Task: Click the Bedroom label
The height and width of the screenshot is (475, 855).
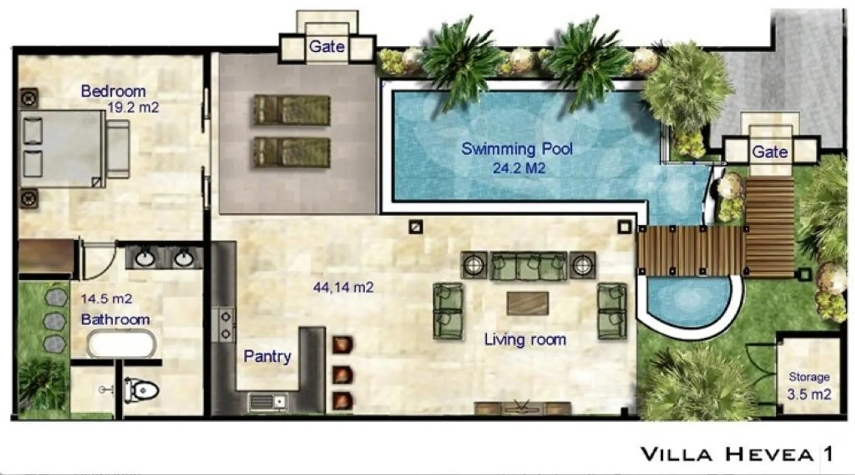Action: point(113,91)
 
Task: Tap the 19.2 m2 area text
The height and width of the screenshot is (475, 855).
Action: point(133,107)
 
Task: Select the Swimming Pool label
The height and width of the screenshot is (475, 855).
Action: point(517,149)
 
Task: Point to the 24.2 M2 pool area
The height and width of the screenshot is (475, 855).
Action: point(519,168)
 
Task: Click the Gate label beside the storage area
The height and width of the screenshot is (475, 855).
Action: point(769,152)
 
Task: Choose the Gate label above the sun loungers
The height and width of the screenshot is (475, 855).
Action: point(327,47)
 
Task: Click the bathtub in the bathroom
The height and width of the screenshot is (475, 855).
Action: point(122,344)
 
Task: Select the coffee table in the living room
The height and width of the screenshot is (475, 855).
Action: point(527,303)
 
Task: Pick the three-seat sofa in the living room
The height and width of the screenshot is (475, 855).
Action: point(528,266)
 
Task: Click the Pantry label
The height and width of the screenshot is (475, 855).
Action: point(267,356)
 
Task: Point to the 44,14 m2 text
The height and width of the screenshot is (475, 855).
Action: point(343,287)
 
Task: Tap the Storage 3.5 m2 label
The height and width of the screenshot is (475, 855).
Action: point(809,385)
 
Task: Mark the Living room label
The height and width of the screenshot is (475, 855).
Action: point(525,340)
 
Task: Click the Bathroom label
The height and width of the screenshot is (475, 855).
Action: point(115,319)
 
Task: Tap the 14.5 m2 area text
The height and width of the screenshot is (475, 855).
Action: point(106,299)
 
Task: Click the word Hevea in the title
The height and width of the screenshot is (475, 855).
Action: point(769,455)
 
